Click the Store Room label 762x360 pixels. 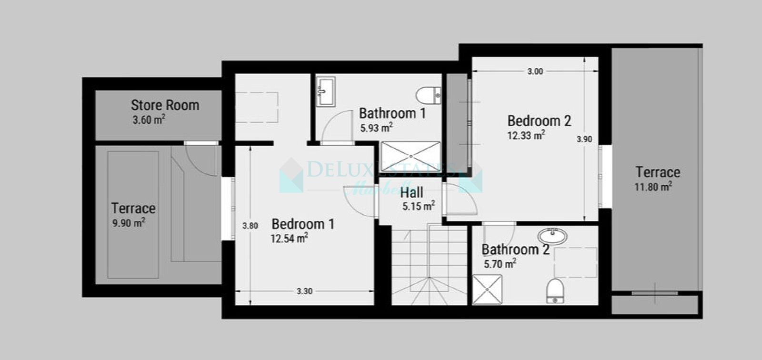coord(165,105)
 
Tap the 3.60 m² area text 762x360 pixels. coord(149,120)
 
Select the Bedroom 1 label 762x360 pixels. coord(303,224)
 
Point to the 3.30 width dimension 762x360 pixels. coord(304,291)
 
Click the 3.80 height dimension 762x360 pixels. coord(250,226)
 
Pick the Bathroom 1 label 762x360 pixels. coord(392,113)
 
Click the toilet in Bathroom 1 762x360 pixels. coord(428,95)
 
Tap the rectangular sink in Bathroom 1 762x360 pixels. coord(326,91)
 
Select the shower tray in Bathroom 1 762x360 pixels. coord(411,156)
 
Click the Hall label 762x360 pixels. coord(411,193)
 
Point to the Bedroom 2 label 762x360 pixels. coord(539,121)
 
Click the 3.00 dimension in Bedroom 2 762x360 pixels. coord(535,71)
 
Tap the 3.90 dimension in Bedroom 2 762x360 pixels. coord(584,139)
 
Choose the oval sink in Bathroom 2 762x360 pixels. coord(552,236)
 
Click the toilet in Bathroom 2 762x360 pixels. coord(555,290)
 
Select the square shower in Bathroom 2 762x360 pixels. coord(487,290)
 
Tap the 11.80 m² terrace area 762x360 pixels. coord(653,187)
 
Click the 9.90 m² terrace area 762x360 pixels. coord(129,223)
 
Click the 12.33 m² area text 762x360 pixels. coord(526,136)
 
